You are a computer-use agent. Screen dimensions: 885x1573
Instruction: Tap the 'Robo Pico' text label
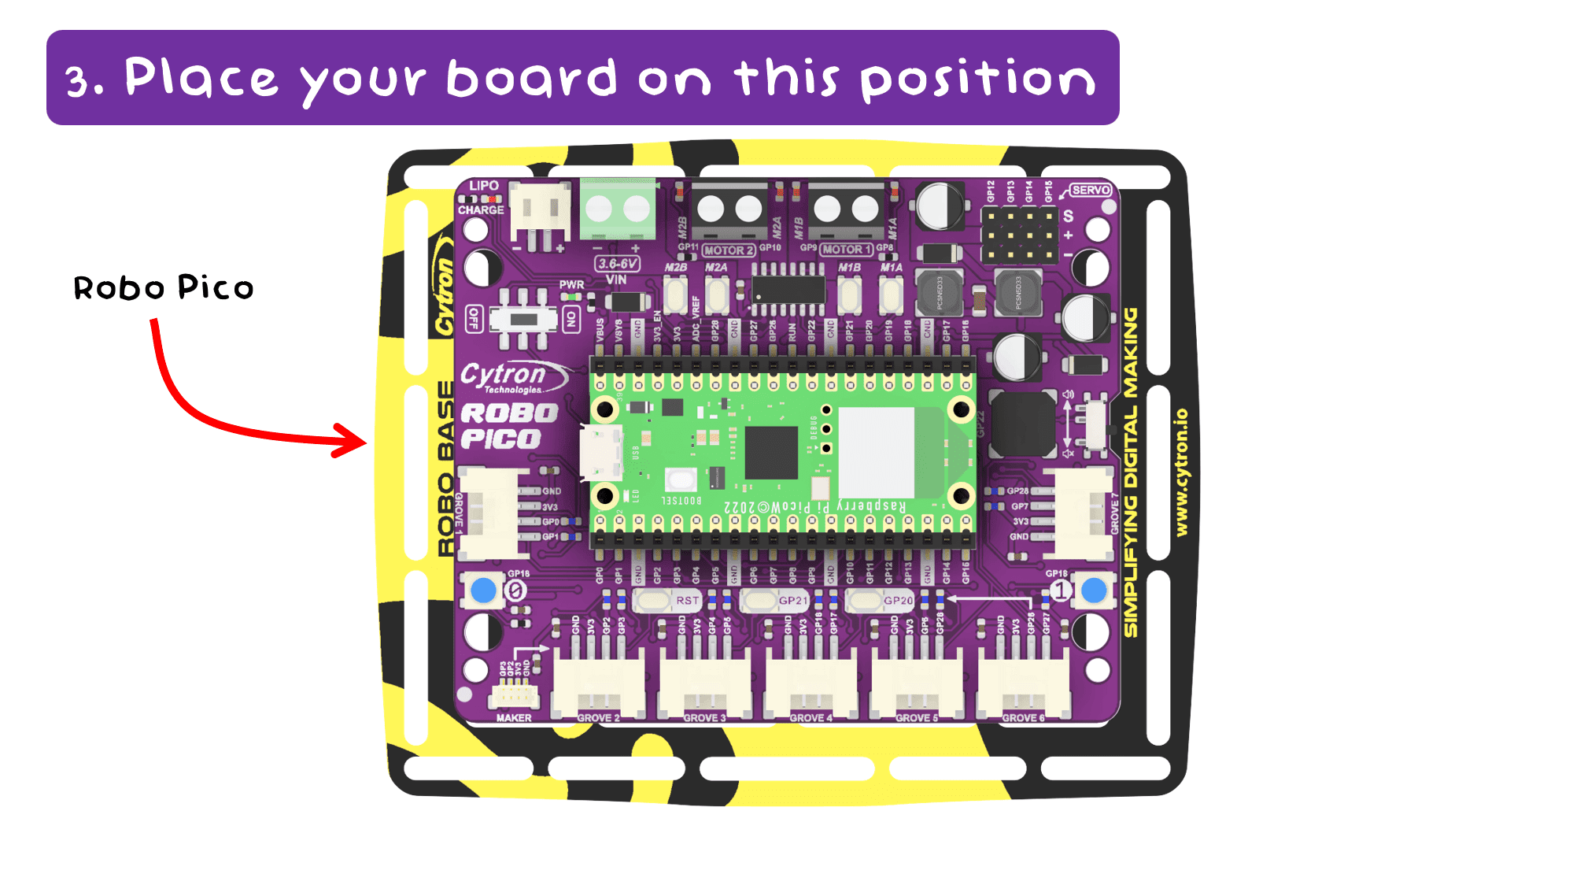164,288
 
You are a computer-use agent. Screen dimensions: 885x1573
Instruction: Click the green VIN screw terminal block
618,209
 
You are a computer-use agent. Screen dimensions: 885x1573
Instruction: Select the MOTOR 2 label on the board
728,250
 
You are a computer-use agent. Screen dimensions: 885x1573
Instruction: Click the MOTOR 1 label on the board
846,250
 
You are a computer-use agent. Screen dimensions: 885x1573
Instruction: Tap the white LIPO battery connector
541,213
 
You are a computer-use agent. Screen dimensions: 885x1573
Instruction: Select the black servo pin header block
1020,234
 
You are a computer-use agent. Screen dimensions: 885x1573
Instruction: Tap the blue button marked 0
483,590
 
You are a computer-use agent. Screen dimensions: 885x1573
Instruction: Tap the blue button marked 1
1094,590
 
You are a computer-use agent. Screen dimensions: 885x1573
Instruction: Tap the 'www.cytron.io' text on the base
1181,472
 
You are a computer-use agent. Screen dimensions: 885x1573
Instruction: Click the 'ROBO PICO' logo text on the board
509,426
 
